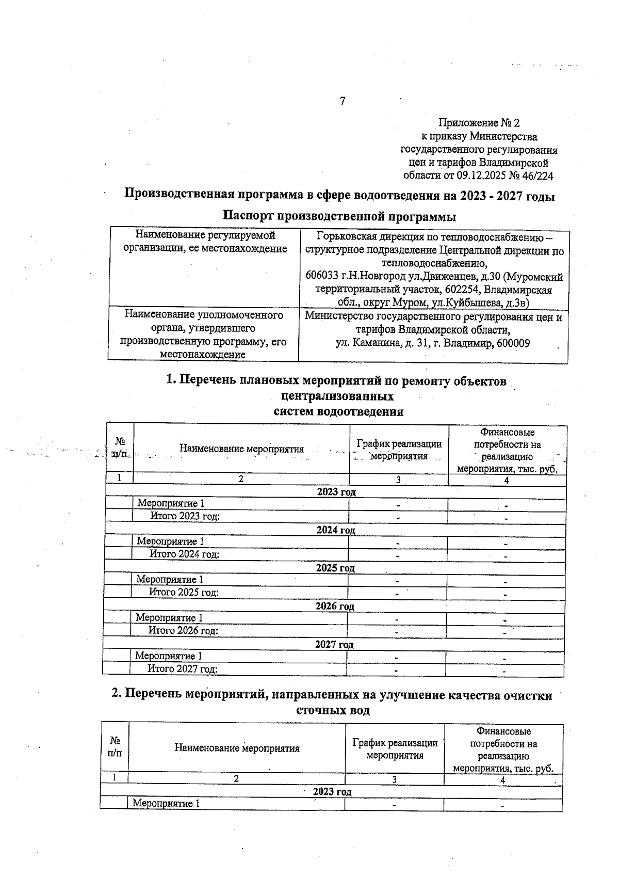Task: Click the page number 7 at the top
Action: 343,102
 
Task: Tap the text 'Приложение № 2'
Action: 479,123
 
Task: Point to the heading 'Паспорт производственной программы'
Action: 339,215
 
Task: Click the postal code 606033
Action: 322,278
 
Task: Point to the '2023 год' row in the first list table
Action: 336,492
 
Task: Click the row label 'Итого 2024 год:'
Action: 184,554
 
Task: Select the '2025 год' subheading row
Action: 335,568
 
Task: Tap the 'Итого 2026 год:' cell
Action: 183,631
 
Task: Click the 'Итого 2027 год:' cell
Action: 183,670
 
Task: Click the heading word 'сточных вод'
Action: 333,711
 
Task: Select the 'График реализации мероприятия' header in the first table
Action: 399,450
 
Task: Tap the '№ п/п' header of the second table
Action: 115,748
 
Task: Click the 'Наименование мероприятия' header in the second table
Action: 237,748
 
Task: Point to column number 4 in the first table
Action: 507,480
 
